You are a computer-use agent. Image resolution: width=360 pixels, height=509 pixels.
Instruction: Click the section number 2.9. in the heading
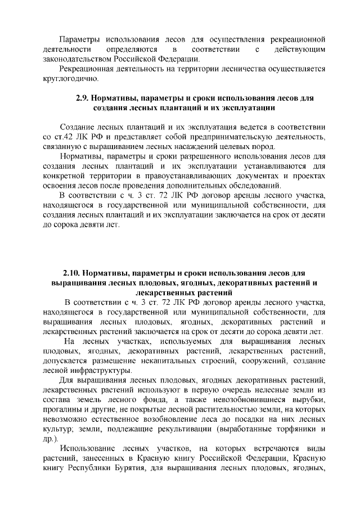tap(83, 97)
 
